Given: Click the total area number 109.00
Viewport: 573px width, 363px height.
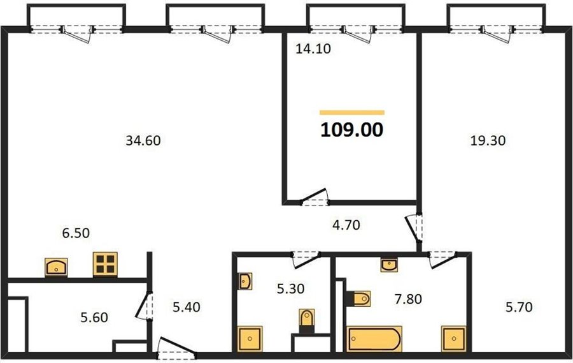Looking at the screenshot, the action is coord(352,130).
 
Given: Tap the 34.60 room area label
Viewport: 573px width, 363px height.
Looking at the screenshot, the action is coord(143,140).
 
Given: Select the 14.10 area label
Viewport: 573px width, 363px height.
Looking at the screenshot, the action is coord(313,48).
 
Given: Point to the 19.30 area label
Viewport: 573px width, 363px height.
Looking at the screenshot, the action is coord(488,140).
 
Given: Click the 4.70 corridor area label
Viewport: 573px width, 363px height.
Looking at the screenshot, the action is coord(346,225).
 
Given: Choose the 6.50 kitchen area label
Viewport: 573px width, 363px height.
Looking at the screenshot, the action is coord(76,233).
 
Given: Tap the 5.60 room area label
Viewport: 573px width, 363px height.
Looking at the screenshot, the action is coord(94,317).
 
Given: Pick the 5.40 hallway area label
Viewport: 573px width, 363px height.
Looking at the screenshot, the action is coord(187,307).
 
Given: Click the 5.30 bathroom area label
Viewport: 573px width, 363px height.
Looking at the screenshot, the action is coord(290,288).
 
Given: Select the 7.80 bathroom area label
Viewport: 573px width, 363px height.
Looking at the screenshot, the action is coord(408,299).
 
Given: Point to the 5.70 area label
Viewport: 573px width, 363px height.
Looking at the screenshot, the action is coord(519,307).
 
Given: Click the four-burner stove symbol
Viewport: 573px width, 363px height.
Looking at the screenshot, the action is coord(105,264).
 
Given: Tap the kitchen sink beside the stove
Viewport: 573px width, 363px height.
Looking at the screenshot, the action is coord(56,267).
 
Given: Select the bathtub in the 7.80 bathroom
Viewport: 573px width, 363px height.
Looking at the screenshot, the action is coord(374,339).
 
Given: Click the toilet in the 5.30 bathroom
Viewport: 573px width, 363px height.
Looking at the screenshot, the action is coord(306,321).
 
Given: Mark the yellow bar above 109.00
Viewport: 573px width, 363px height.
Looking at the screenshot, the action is coord(352,112).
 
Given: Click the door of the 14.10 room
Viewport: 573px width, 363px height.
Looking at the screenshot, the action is coord(315,197).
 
